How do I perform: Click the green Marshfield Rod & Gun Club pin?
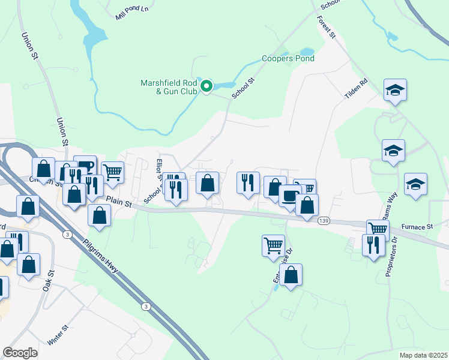(206, 87)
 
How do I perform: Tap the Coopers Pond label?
(288, 59)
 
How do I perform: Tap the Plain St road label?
(118, 202)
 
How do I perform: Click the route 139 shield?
(324, 221)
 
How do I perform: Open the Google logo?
(20, 353)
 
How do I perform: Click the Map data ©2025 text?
(423, 355)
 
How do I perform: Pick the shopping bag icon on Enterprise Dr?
(291, 275)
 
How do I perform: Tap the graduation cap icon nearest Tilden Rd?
(395, 91)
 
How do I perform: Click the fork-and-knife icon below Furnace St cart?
(373, 245)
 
